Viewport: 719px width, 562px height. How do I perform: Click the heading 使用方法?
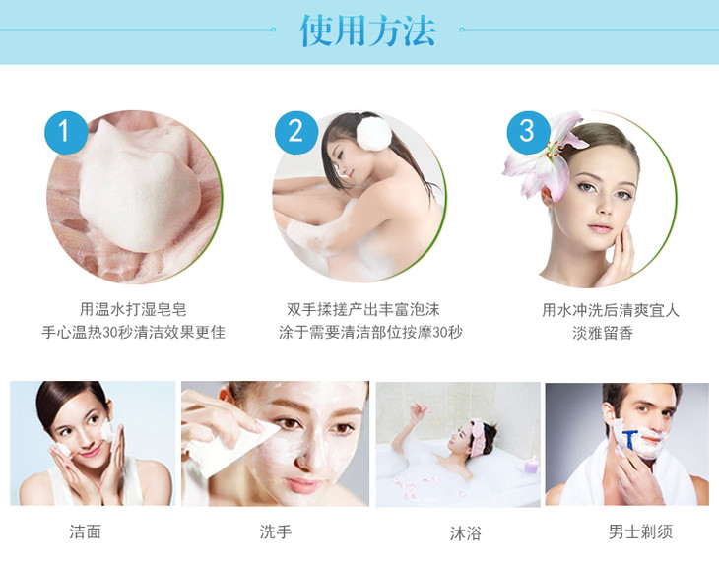tap(367, 31)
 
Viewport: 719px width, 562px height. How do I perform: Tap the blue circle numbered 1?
tap(66, 133)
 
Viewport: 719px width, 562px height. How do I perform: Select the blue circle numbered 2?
tap(296, 133)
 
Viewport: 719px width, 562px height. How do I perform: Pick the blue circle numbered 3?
tap(528, 133)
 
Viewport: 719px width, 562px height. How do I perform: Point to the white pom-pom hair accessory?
tap(374, 133)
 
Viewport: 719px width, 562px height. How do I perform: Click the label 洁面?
tap(86, 531)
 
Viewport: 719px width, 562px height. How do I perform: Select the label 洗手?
tap(276, 531)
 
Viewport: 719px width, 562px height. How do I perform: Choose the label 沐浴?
tap(466, 533)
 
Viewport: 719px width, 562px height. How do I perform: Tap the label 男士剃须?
tap(640, 531)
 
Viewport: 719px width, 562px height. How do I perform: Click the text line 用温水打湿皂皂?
tap(133, 309)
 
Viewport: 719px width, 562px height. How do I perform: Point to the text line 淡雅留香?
tap(603, 333)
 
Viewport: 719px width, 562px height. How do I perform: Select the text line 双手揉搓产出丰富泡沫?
tap(363, 309)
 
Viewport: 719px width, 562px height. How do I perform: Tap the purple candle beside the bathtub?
tap(531, 465)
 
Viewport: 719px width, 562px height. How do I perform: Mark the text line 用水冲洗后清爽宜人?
tap(611, 310)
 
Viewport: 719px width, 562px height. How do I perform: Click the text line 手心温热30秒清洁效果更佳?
tap(133, 332)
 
